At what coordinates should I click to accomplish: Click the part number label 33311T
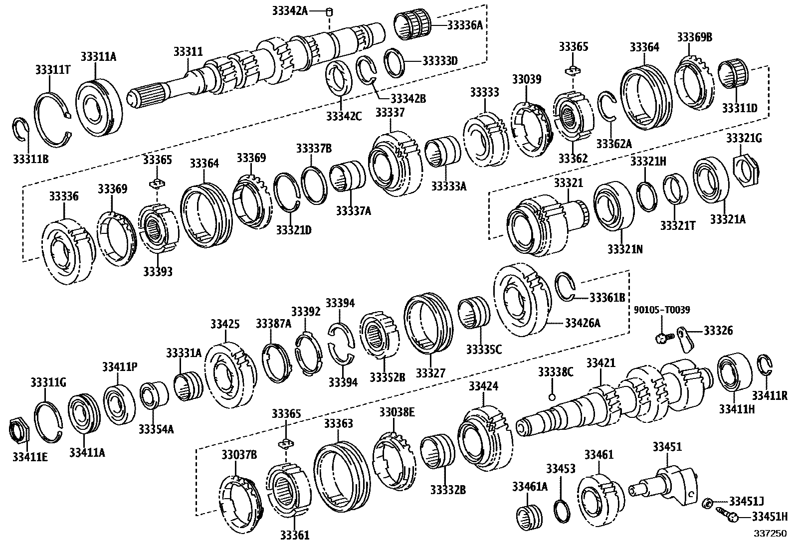pyautogui.click(x=52, y=69)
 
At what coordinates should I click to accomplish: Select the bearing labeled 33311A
pyautogui.click(x=99, y=107)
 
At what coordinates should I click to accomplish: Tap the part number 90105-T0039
pyautogui.click(x=662, y=310)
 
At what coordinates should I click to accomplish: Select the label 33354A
pyautogui.click(x=156, y=429)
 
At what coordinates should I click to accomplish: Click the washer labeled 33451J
pyautogui.click(x=707, y=503)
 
